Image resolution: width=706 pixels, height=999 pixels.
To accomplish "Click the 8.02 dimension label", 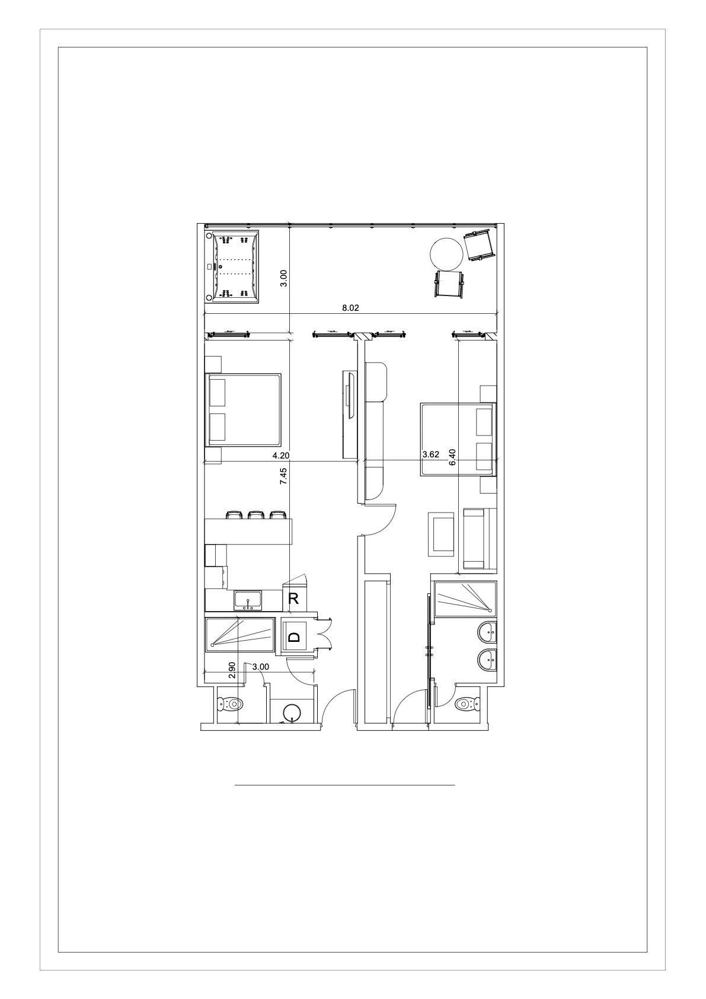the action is coord(350,308).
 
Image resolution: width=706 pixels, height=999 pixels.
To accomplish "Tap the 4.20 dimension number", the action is coord(281,456).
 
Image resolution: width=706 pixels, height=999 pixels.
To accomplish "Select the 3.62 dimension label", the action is coord(430,454).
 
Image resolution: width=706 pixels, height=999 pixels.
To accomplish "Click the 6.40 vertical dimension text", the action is coord(453,457).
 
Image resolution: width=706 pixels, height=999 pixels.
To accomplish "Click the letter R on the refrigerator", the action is coord(293,599).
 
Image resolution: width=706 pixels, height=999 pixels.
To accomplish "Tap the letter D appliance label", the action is coord(294,637).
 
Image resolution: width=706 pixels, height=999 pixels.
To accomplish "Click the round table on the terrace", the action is coord(446,253).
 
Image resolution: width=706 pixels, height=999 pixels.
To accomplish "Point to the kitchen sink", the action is coord(248,600).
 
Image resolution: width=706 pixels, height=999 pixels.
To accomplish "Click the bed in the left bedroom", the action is coord(244,410).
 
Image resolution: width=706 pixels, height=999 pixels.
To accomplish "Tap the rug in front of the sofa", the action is coord(441,534).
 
